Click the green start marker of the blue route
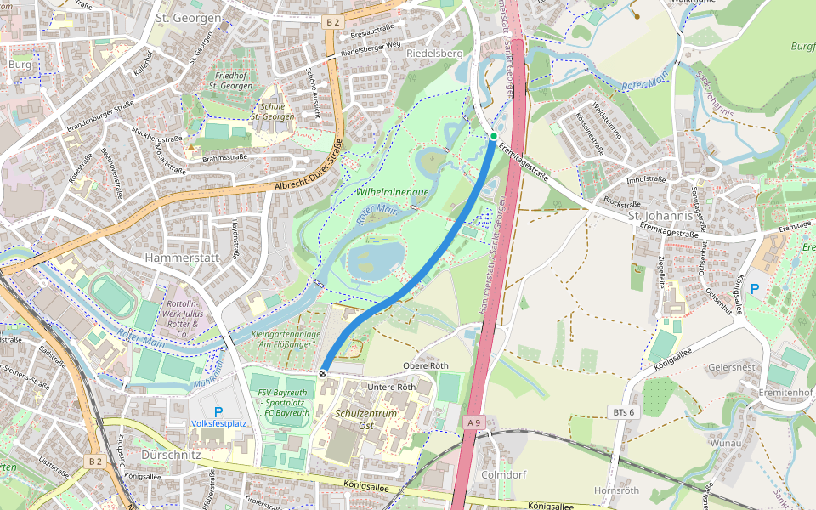click(x=493, y=136)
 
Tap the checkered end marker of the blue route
click(x=323, y=373)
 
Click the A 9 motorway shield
click(x=473, y=421)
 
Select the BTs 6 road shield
click(x=623, y=411)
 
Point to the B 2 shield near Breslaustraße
click(x=332, y=22)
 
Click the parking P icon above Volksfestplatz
click(x=218, y=411)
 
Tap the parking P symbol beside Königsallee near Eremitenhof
click(x=754, y=289)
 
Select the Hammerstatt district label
click(x=182, y=257)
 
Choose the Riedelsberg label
click(x=433, y=54)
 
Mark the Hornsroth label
click(x=616, y=490)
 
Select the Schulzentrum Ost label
click(x=366, y=419)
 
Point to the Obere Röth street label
click(x=425, y=365)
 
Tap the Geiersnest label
click(x=732, y=366)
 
